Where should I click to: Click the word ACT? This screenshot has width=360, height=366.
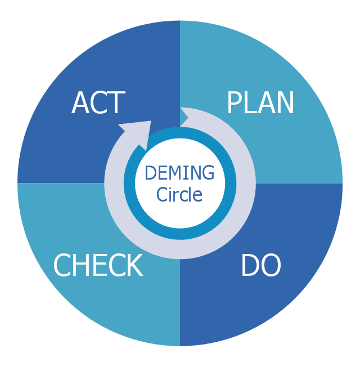[x=98, y=103]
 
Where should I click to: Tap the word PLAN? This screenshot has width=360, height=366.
[x=260, y=103]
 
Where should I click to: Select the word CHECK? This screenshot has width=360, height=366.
[x=98, y=266]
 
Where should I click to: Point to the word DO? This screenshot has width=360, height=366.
[x=260, y=266]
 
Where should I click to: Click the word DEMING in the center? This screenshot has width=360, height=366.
[x=179, y=173]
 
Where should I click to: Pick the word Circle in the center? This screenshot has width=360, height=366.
[x=179, y=195]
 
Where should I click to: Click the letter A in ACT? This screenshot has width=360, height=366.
[x=80, y=103]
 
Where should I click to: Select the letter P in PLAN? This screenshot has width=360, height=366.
[x=234, y=103]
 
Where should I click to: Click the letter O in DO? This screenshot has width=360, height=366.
[x=271, y=266]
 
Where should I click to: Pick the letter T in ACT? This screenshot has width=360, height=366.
[x=115, y=103]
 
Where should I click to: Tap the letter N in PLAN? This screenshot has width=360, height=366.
[x=285, y=103]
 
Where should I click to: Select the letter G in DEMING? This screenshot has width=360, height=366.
[x=208, y=173]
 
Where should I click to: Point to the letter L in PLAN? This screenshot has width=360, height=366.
[x=249, y=103]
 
